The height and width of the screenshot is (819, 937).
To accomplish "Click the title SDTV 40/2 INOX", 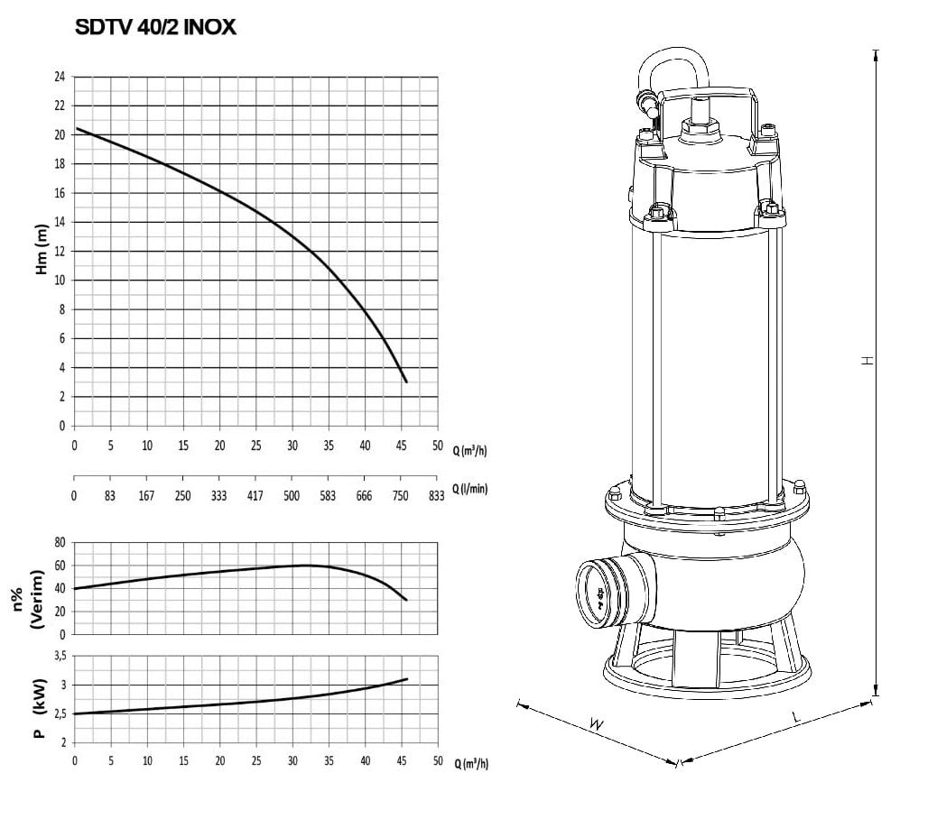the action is click(155, 27).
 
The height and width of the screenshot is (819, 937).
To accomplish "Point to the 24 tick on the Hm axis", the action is click(60, 77).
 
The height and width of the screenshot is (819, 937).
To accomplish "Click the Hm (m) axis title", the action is click(42, 250).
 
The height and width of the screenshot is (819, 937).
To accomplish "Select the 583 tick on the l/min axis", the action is click(328, 495).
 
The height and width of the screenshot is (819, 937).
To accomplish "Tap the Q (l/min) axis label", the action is click(469, 489).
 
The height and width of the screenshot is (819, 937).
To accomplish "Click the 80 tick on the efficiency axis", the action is click(60, 542).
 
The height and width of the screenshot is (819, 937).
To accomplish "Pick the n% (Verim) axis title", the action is click(28, 599).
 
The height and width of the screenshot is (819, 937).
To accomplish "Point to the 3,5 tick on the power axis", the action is click(60, 656).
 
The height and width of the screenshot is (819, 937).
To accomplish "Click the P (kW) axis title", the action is click(40, 709).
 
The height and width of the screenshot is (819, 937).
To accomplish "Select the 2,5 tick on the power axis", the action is click(60, 714).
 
